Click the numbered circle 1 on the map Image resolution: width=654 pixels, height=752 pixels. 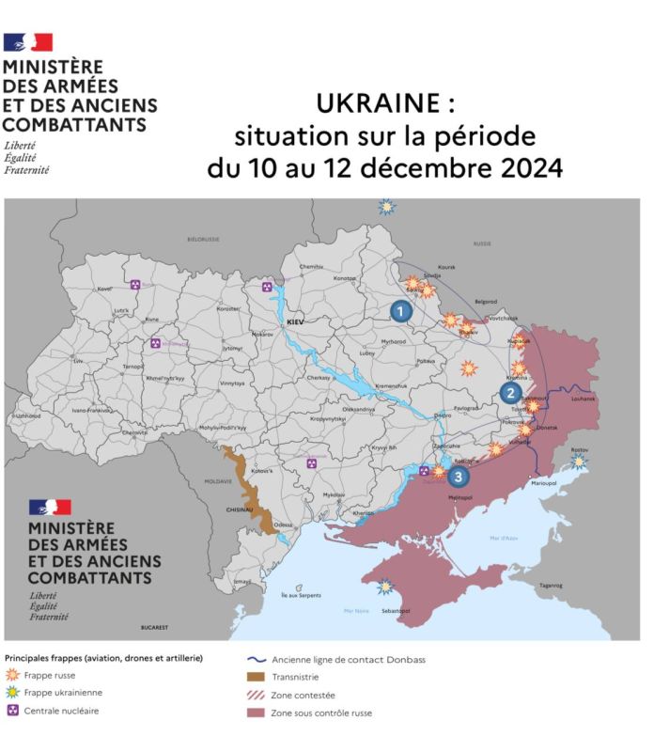[401, 311]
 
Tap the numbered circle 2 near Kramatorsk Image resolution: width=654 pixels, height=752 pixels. [511, 393]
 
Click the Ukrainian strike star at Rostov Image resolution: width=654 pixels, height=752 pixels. [580, 461]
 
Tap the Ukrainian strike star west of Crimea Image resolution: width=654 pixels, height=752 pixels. [383, 587]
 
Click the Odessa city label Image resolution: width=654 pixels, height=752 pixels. [285, 524]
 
